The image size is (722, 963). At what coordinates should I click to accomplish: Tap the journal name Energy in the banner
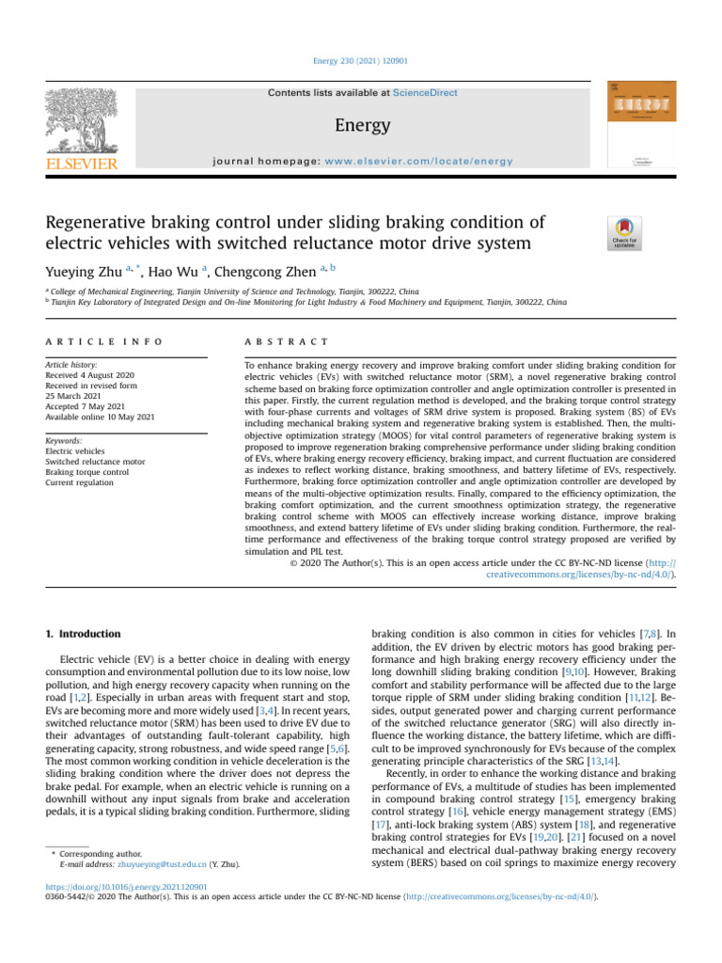362,124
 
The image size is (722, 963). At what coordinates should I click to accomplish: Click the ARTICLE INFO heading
103,341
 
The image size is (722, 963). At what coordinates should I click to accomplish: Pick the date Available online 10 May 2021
101,417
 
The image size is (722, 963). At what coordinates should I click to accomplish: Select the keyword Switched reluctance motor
95,462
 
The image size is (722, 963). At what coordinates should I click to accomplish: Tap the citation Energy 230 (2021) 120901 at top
361,61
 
